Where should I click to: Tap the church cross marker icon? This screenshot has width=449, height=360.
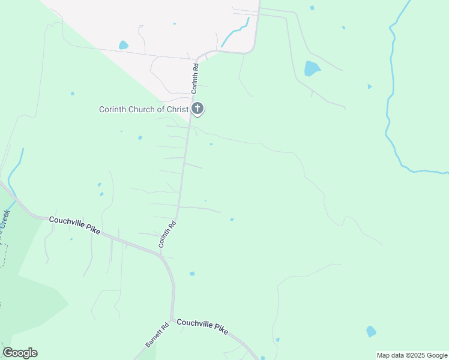pos(197,109)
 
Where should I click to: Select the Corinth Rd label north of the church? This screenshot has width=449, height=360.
pos(195,78)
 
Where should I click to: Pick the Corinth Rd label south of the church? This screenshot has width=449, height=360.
pos(167,235)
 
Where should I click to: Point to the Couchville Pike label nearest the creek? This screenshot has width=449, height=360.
pos(74,224)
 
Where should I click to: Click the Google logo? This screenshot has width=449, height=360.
pos(20,353)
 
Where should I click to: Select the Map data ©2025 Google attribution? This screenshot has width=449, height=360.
pos(412,355)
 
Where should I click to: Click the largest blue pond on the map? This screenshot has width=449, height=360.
pos(312,68)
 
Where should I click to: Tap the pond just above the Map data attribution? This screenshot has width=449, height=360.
pos(371,331)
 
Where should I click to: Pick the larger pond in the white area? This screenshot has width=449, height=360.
pos(123,45)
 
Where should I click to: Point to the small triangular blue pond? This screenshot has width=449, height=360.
pos(369,86)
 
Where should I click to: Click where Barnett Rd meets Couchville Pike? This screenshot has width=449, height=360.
pos(171,320)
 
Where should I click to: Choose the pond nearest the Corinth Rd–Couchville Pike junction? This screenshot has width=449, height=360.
pos(192,274)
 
